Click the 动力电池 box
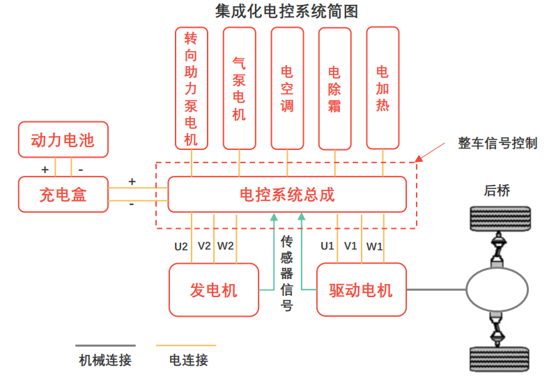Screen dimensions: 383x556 click(x=62, y=140)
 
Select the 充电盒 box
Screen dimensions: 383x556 click(x=63, y=194)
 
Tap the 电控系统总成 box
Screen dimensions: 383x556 click(x=287, y=194)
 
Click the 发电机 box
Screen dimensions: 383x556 click(x=214, y=290)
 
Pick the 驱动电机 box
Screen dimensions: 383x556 click(x=361, y=290)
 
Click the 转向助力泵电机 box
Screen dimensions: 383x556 click(x=191, y=89)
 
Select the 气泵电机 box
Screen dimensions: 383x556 click(x=239, y=89)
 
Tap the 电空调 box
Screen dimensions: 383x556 click(x=287, y=89)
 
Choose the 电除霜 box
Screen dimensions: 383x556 click(x=334, y=89)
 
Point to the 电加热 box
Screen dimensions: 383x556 click(x=383, y=89)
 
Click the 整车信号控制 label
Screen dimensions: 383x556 click(x=497, y=144)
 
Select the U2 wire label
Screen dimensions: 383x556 click(x=181, y=246)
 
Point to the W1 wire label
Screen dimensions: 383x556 click(x=375, y=246)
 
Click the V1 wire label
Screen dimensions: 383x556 click(x=350, y=246)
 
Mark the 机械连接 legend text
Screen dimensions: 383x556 click(x=105, y=360)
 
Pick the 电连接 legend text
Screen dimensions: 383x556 click(x=188, y=360)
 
